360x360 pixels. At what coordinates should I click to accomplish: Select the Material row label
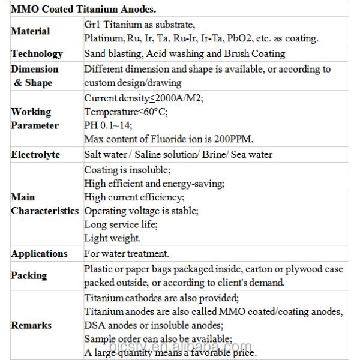pos(30,31)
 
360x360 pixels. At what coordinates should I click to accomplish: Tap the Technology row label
pos(37,54)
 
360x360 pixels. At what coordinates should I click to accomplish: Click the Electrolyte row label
pos(35,155)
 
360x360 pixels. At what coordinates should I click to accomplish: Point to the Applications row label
pos(39,254)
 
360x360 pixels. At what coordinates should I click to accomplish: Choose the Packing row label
pos(29,275)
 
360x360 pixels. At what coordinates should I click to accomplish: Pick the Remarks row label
pos(31,325)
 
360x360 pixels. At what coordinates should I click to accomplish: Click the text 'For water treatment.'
pos(127,254)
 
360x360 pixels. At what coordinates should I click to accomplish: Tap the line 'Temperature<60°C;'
pos(125,112)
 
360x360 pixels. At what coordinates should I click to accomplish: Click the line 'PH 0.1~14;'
pos(108,125)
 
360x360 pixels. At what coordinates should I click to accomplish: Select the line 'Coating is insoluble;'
pos(127,170)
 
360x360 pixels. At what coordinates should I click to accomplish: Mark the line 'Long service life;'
pos(121,224)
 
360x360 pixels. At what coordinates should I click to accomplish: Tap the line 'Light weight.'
pos(112,238)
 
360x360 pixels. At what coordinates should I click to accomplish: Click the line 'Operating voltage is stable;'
pos(141,211)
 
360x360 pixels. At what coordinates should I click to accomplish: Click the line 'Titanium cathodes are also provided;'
pos(161,298)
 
